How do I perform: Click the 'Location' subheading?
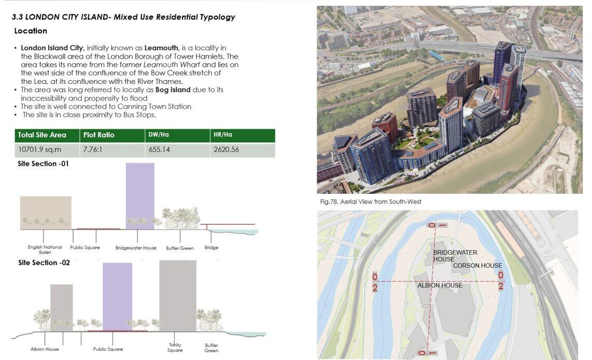pos(31,31)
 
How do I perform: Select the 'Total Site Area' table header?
pos(42,135)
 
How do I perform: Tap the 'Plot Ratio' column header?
pos(98,135)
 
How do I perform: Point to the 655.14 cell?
pos(159,150)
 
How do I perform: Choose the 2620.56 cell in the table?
pos(226,150)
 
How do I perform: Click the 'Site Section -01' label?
pos(43,164)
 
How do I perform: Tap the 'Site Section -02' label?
pos(44,263)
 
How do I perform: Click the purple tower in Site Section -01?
pos(140,194)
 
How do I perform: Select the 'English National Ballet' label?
pos(45,250)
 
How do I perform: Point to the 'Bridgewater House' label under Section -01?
pos(136,248)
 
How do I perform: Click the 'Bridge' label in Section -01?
pos(212,248)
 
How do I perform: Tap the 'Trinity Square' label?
pos(175,348)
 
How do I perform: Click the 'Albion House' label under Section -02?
pos(45,349)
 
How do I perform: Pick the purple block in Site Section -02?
pos(117,295)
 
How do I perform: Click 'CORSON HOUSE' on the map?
pos(477,266)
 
